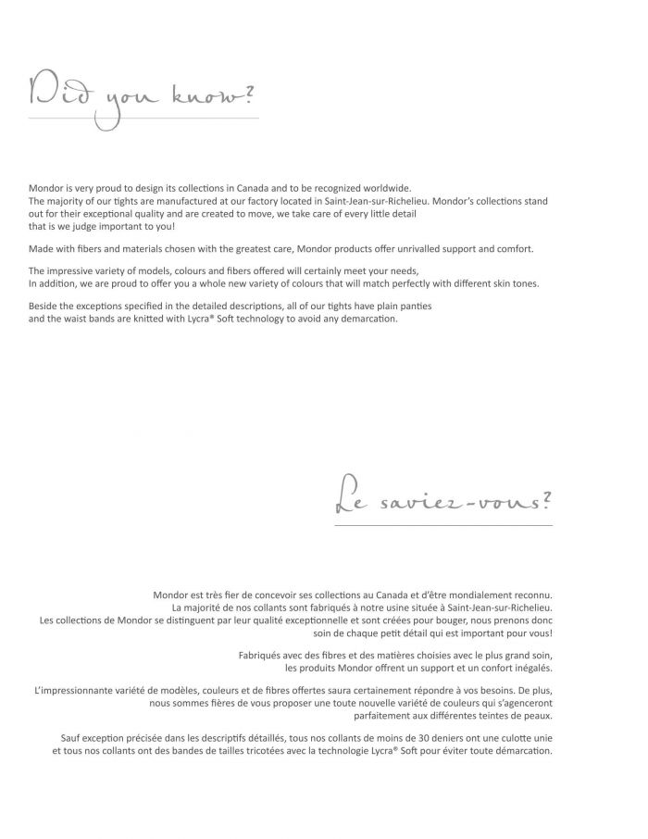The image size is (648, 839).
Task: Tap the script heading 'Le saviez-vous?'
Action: [442, 501]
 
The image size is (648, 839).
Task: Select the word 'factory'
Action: [316, 200]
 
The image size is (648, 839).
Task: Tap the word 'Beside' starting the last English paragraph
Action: [44, 307]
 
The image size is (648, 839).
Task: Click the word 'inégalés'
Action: [530, 667]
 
